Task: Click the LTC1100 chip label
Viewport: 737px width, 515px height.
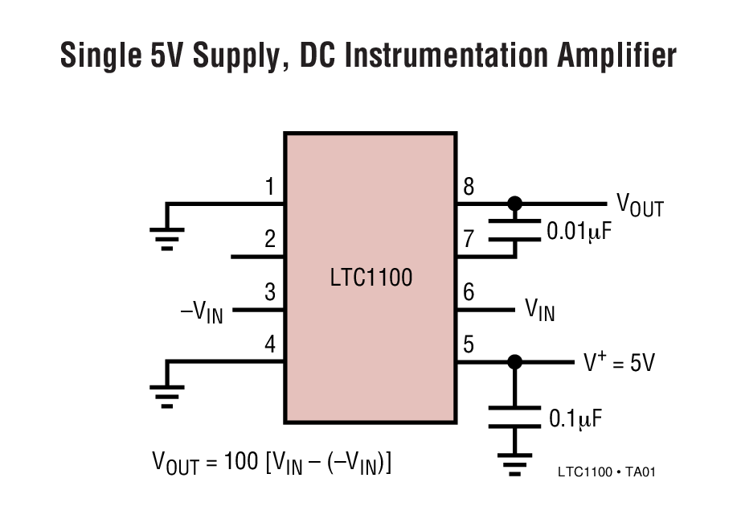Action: (x=371, y=278)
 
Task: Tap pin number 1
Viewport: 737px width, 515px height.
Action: (x=270, y=187)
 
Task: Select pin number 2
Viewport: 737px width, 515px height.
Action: (x=270, y=239)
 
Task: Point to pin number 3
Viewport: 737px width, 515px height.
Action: (x=270, y=293)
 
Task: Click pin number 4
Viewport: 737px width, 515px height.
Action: (x=270, y=345)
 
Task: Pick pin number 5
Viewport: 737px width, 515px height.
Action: (x=469, y=345)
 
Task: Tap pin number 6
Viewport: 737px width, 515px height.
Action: (x=469, y=293)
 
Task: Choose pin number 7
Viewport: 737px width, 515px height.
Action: (x=469, y=239)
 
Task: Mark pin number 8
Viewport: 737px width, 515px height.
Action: (x=469, y=187)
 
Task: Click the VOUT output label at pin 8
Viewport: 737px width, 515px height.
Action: (x=640, y=204)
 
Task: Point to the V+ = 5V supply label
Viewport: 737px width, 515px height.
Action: (x=619, y=363)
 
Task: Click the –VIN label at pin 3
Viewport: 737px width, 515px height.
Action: (x=201, y=311)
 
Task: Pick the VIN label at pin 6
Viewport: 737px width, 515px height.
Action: (x=539, y=310)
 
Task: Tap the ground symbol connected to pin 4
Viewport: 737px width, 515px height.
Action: (x=166, y=392)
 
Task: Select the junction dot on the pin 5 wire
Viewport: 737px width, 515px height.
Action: (x=515, y=363)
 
